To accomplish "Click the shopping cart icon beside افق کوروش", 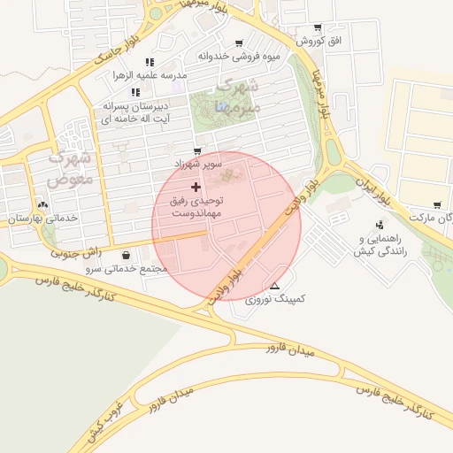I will [318, 27].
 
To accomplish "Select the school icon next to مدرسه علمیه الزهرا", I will [150, 62].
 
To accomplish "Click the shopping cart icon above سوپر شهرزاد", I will [196, 151].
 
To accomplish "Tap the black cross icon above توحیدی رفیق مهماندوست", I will [196, 187].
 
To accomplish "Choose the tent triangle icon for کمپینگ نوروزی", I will [274, 286].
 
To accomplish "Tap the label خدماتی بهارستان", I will [42, 218].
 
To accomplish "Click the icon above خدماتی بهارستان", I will [42, 204].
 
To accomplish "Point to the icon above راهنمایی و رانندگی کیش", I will [379, 225].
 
